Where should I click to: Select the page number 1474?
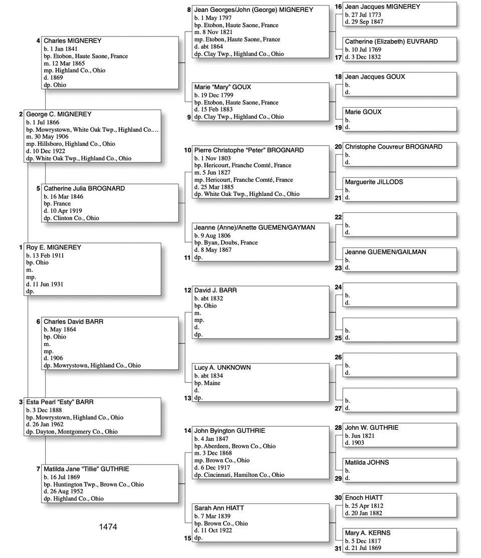click(108, 527)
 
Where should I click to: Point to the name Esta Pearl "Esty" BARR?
click(60, 402)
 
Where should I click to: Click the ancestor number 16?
click(338, 7)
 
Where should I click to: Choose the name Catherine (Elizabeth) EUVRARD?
click(391, 42)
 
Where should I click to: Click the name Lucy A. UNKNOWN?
click(222, 368)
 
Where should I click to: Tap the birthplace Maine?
click(211, 383)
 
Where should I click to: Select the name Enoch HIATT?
click(364, 498)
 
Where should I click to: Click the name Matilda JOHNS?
click(367, 462)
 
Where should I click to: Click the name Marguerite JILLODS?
click(374, 182)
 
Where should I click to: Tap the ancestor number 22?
click(338, 217)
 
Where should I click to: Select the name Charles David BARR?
click(73, 322)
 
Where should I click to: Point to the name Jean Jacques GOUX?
click(375, 77)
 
